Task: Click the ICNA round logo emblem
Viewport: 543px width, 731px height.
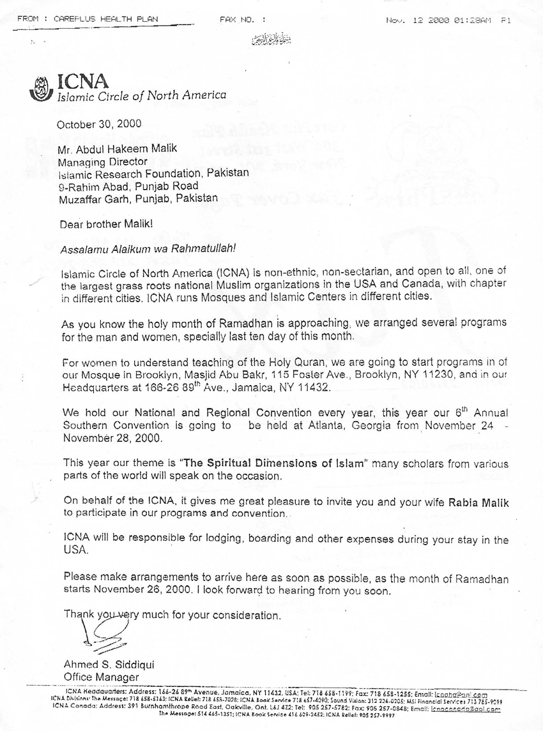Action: coord(42,88)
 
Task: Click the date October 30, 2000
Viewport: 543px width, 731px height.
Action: coord(100,124)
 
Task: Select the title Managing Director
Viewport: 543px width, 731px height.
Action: coord(94,162)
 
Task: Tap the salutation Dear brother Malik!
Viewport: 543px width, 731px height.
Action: coord(101,224)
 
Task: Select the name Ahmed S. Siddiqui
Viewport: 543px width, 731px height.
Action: coord(109,664)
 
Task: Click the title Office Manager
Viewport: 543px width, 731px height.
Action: coord(101,677)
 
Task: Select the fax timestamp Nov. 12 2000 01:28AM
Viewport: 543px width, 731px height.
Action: coord(439,20)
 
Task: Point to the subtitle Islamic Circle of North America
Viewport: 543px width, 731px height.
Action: coord(142,96)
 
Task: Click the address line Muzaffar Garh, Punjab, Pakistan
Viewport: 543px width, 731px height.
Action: coord(138,199)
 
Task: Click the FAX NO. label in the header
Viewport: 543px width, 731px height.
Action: coord(238,20)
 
